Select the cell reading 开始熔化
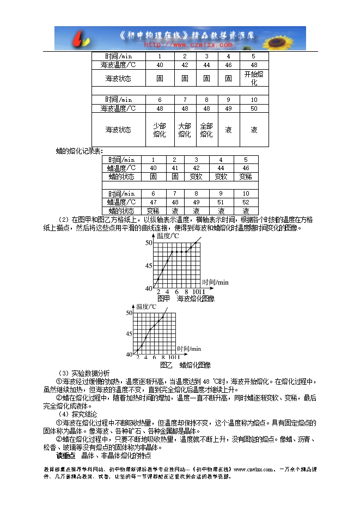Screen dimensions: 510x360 (x=254, y=77)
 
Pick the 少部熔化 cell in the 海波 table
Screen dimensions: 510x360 (x=159, y=130)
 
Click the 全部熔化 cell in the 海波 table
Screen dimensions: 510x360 (x=206, y=130)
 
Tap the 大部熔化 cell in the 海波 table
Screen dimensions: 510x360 (x=184, y=130)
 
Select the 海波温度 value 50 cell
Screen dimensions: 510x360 (x=254, y=108)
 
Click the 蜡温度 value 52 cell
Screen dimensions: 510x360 (x=246, y=202)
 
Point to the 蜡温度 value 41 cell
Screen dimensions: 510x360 (x=175, y=168)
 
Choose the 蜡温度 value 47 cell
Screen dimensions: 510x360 (x=153, y=202)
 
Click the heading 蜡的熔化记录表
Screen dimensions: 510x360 (x=80, y=150)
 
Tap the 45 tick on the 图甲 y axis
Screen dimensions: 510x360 (x=148, y=266)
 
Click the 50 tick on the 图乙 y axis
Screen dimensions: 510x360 (x=129, y=313)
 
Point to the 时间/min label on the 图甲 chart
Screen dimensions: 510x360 (x=215, y=282)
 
